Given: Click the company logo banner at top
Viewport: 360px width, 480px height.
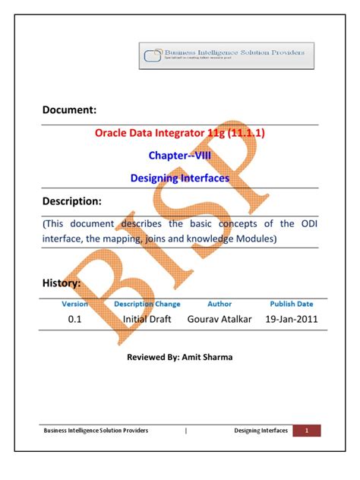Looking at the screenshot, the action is tap(226, 56).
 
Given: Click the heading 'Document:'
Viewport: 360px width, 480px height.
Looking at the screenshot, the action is tap(69, 111).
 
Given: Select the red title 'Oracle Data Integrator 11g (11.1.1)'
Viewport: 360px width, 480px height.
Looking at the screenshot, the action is tap(179, 133).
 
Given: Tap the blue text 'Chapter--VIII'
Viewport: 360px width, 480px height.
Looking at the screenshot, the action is tap(179, 155).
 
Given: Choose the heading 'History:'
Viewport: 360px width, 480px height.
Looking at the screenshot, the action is tap(62, 283).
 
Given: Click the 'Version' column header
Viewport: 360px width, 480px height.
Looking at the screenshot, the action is tap(74, 304).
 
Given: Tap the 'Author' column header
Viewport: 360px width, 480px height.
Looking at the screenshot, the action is tap(219, 304).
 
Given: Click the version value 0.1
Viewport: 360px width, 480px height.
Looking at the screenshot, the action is tap(74, 320).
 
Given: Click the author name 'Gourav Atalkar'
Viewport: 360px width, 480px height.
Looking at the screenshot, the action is tap(221, 320).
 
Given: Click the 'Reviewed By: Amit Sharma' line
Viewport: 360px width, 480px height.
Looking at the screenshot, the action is tap(179, 355).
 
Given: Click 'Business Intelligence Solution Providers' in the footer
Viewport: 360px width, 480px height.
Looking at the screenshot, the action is tap(95, 431).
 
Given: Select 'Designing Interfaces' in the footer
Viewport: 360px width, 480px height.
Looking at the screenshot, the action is tap(261, 431).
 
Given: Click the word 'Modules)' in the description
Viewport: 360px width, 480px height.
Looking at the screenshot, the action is tap(260, 238).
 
